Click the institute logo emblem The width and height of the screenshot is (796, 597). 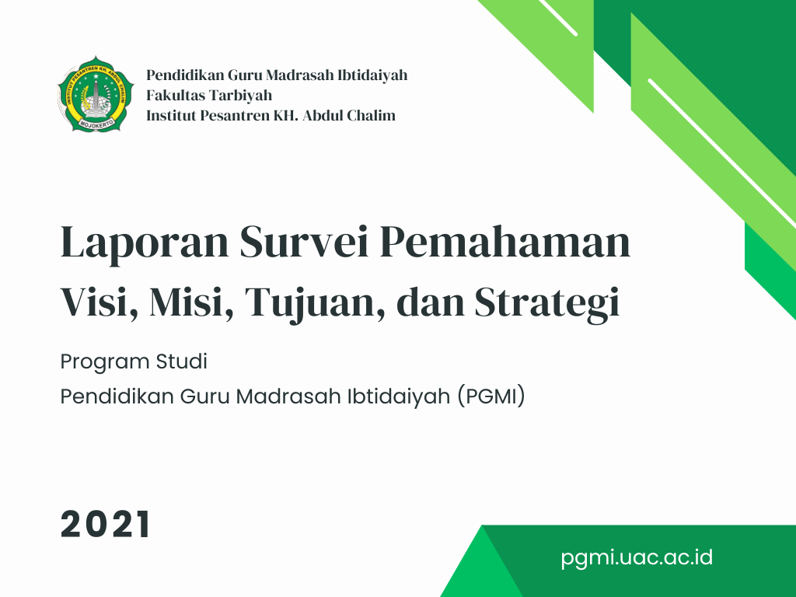coord(96,94)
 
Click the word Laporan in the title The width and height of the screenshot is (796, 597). coord(145,243)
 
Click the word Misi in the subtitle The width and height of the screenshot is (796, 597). coord(192,302)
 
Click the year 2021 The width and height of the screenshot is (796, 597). coord(105,524)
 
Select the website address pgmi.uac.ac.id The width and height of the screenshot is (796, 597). coord(637,558)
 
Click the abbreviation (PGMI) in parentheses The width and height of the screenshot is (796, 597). coord(491,396)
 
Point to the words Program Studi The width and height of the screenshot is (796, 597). coord(134,362)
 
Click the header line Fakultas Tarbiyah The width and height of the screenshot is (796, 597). coord(209,96)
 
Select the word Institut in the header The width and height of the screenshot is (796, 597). coord(170,116)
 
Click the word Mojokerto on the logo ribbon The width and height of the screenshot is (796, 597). coord(96,122)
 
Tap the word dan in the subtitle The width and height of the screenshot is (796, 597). coord(430,302)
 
